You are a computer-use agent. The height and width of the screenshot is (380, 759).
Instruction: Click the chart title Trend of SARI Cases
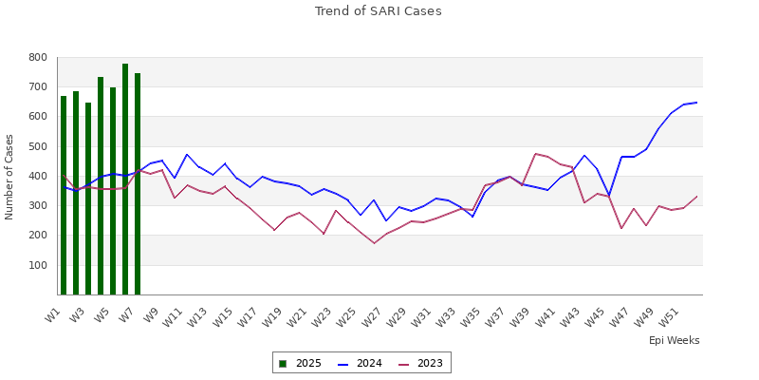pyautogui.click(x=378, y=11)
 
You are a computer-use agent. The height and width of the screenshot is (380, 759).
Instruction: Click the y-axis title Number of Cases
pyautogui.click(x=9, y=177)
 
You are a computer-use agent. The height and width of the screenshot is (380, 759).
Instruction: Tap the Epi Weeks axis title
pyautogui.click(x=674, y=340)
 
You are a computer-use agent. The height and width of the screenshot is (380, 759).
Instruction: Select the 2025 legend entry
pyautogui.click(x=300, y=363)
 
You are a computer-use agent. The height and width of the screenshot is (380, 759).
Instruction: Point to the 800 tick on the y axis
pyautogui.click(x=37, y=58)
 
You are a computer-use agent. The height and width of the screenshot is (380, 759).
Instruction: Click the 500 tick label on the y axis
pyautogui.click(x=37, y=147)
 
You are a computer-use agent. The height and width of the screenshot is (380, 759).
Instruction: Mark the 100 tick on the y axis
pyautogui.click(x=37, y=266)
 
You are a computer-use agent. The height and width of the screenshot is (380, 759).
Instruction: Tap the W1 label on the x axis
pyautogui.click(x=54, y=313)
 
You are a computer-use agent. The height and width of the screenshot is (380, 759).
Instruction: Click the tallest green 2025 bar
pyautogui.click(x=125, y=180)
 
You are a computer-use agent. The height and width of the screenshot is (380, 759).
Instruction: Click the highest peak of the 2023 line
pyautogui.click(x=535, y=154)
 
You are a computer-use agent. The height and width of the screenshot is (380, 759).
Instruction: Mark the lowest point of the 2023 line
pyautogui.click(x=374, y=243)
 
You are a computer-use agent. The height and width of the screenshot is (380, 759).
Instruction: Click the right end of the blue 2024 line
pyautogui.click(x=696, y=103)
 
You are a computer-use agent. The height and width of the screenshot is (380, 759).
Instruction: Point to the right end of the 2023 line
pyautogui.click(x=696, y=197)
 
